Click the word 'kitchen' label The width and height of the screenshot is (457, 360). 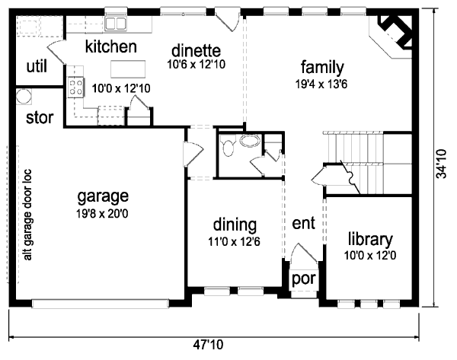[111, 47]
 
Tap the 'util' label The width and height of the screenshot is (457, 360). [36, 66]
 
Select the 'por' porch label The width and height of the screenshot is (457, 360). [302, 279]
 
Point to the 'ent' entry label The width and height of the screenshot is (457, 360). [303, 225]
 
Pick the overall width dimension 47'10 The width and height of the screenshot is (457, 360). [208, 345]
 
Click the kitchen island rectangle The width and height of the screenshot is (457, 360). [127, 69]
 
